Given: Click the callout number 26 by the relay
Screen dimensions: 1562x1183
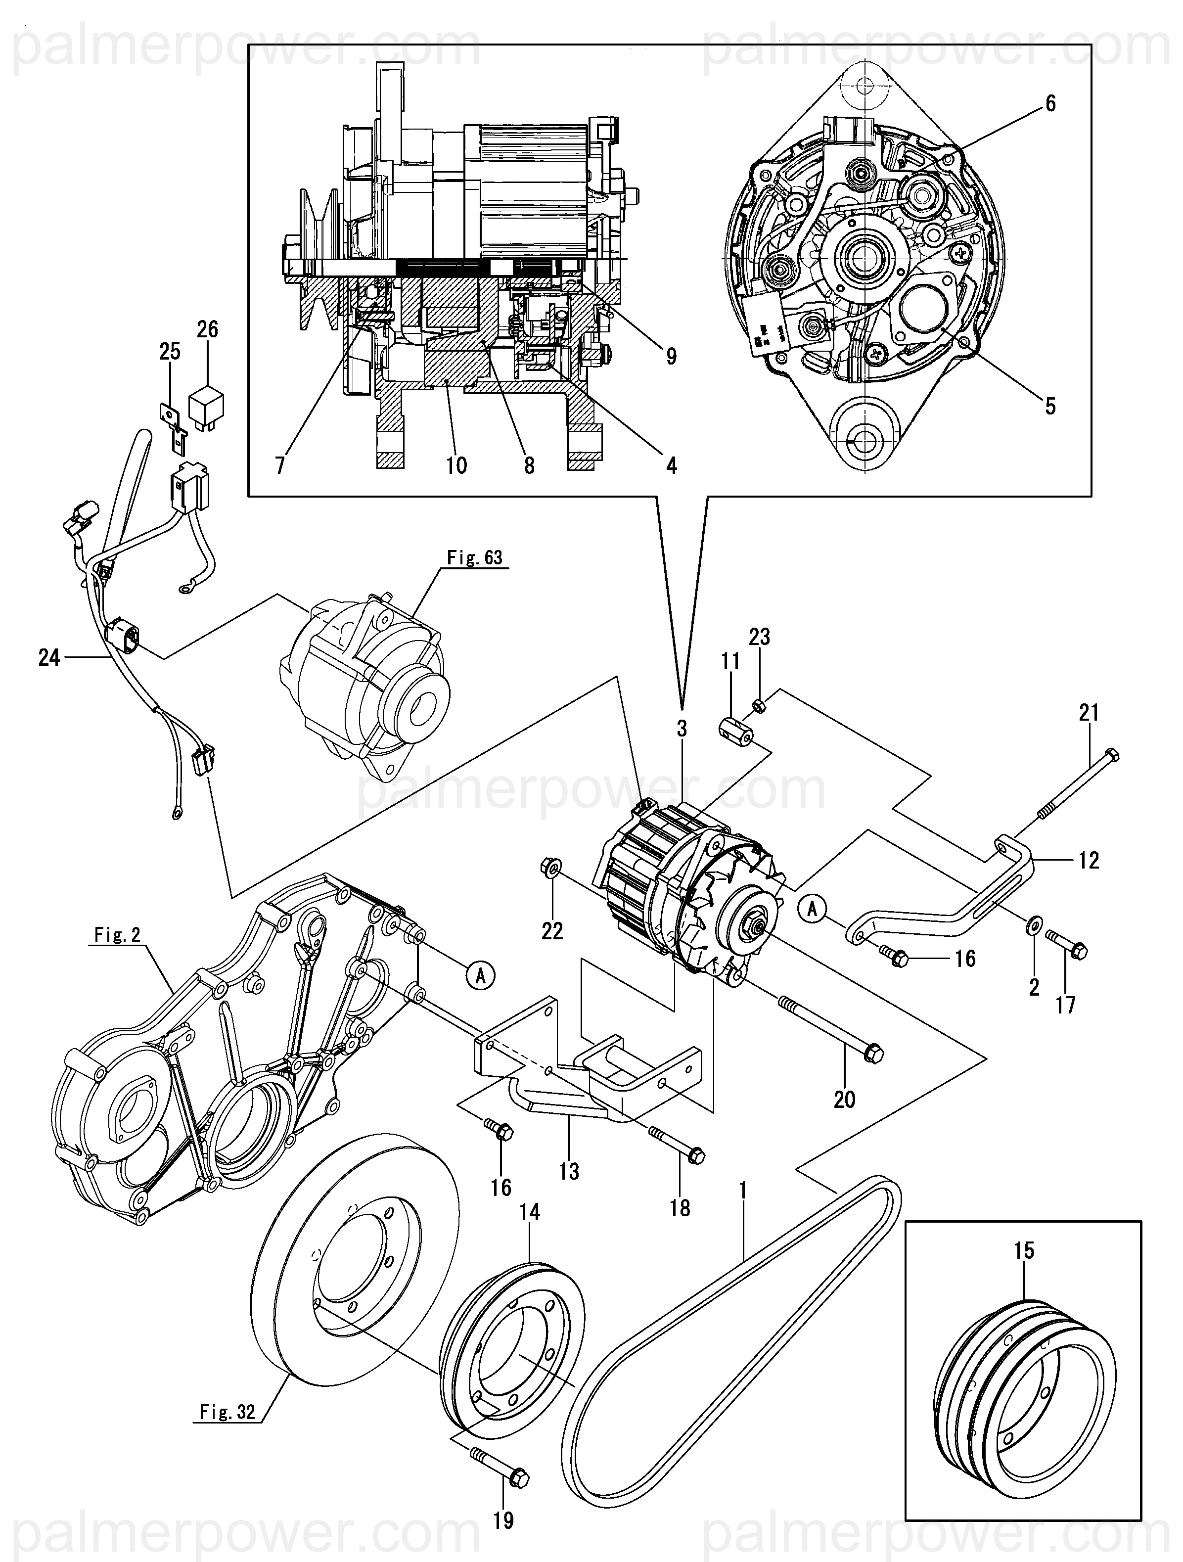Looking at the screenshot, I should [x=207, y=330].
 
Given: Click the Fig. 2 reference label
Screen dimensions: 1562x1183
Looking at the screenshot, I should [x=117, y=935].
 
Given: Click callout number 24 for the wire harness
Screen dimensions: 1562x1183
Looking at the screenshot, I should [x=49, y=658].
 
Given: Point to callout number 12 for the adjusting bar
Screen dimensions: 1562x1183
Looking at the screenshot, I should [x=1089, y=860].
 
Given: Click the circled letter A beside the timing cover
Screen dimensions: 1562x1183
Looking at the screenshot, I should [x=480, y=976].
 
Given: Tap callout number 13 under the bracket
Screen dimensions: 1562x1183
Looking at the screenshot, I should [x=569, y=1171].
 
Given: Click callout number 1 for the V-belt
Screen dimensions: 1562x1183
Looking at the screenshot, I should [x=742, y=1191].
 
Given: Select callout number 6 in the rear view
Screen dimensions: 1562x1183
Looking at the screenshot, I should [x=1050, y=104].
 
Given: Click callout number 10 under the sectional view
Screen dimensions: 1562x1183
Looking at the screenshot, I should [x=456, y=465].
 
